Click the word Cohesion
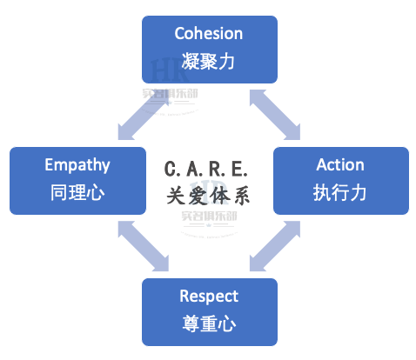[x=209, y=33]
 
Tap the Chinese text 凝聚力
[x=208, y=61]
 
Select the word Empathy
[x=77, y=165]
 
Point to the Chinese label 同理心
[x=77, y=192]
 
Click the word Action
[x=340, y=165]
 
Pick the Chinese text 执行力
[x=339, y=192]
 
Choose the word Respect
[x=209, y=297]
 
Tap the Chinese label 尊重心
[x=209, y=323]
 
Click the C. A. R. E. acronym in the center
[x=205, y=169]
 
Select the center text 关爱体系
[x=208, y=196]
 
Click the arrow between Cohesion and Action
[x=275, y=115]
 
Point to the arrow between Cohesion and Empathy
[x=143, y=115]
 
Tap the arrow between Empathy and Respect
[x=143, y=246]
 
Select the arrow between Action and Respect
[x=275, y=246]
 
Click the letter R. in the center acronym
[x=217, y=169]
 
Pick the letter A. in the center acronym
[x=194, y=169]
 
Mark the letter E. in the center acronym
[x=239, y=169]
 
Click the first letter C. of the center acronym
[x=171, y=169]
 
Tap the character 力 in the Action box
[x=358, y=192]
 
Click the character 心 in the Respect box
[x=227, y=324]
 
